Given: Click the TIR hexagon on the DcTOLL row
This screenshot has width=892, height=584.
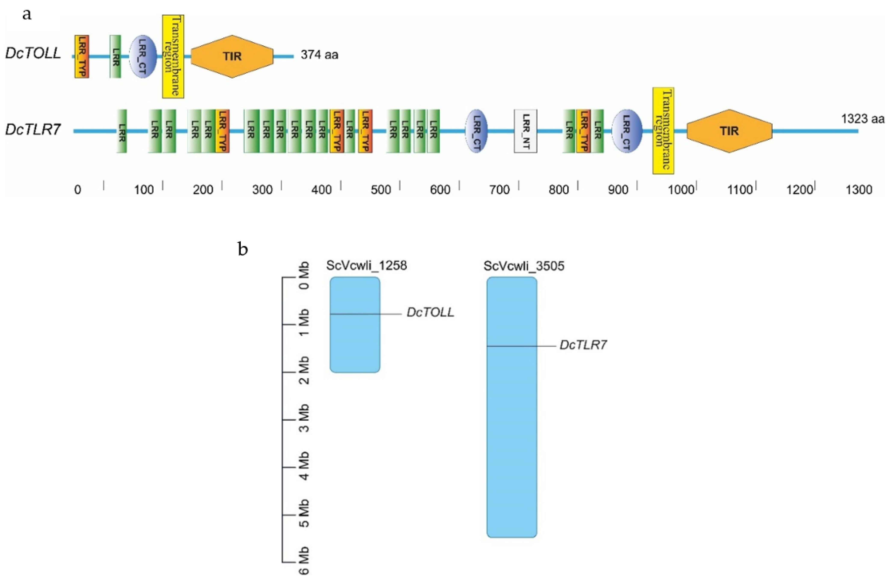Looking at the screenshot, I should click(x=232, y=57).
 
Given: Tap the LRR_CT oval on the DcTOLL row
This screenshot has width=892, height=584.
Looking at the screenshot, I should click(x=143, y=57).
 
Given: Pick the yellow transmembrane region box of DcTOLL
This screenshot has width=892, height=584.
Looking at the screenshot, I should click(x=173, y=57).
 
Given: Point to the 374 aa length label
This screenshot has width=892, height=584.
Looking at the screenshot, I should click(x=319, y=55).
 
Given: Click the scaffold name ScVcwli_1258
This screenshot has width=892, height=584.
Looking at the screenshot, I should click(x=366, y=266).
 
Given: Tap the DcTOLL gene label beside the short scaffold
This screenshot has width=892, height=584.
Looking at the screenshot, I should click(x=430, y=313).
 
